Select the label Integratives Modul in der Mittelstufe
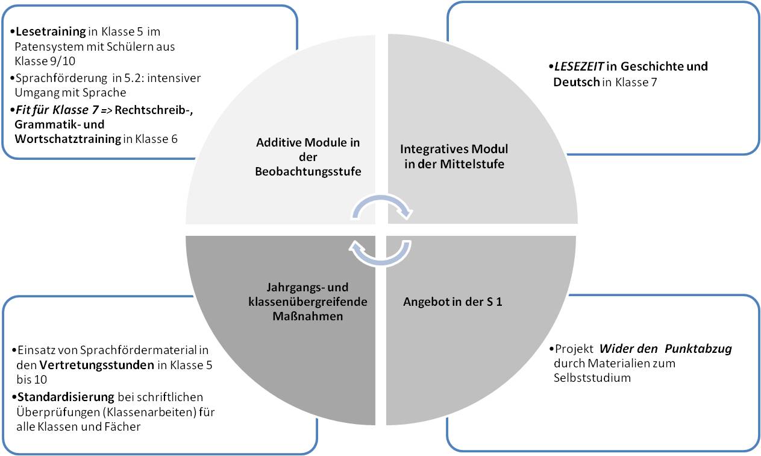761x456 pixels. click(x=454, y=156)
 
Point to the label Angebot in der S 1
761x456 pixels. click(x=453, y=302)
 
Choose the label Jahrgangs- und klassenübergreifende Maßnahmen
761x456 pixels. click(x=308, y=301)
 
